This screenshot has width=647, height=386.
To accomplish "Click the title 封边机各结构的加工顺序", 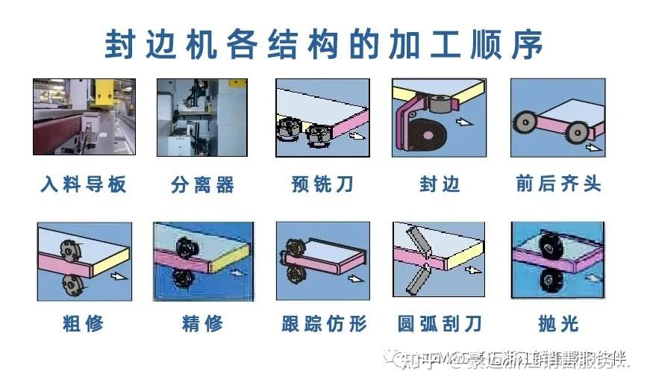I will pyautogui.click(x=323, y=44).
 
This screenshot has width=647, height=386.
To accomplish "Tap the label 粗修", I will pyautogui.click(x=84, y=323).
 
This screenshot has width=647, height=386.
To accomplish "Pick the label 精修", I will pyautogui.click(x=202, y=323).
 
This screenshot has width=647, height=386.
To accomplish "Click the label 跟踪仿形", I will pyautogui.click(x=324, y=323).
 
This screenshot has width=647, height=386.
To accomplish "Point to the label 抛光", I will pyautogui.click(x=558, y=323).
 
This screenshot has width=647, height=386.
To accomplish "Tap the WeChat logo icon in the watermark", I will pyautogui.click(x=393, y=359).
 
